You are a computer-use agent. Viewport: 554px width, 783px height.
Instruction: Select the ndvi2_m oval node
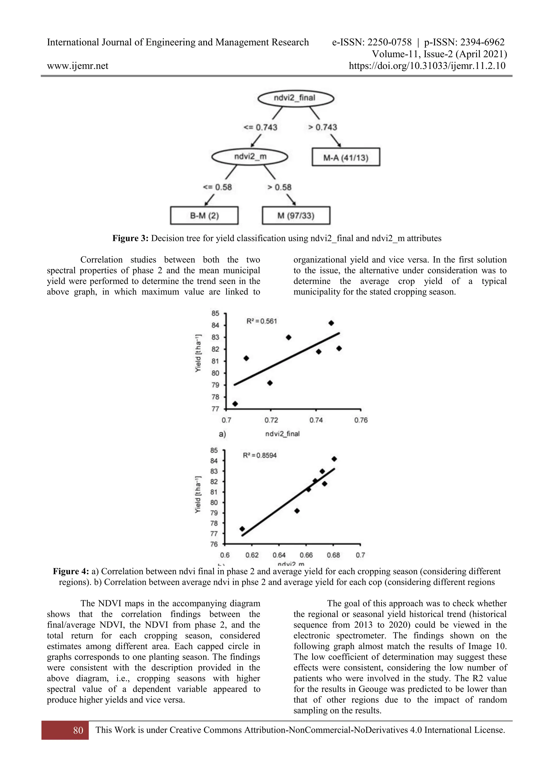(x=250, y=157)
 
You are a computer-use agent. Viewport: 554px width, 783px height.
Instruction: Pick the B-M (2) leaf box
(x=204, y=215)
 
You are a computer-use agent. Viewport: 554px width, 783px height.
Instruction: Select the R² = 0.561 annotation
(x=261, y=321)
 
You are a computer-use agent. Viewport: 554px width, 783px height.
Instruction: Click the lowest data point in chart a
(x=235, y=404)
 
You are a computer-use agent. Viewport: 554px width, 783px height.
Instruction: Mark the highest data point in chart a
(x=331, y=323)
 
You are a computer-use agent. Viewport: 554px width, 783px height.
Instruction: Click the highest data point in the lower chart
(x=334, y=459)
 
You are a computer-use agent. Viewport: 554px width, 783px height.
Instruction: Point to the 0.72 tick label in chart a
(x=271, y=420)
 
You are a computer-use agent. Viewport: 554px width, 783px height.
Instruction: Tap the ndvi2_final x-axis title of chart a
(x=282, y=434)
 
